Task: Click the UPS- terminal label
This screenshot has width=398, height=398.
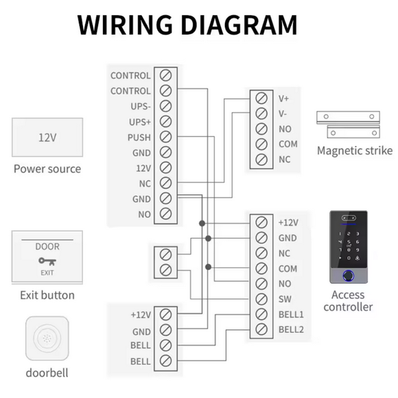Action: point(139,107)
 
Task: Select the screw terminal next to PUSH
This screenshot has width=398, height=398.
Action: point(166,137)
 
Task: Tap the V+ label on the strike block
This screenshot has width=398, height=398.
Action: point(284,98)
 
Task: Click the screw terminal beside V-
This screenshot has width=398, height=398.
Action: point(262,113)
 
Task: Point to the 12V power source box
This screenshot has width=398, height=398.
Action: point(47,138)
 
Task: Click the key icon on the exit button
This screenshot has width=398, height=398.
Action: point(46,261)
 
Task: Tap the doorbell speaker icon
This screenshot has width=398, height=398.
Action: point(47,338)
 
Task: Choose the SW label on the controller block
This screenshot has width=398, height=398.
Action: point(285,299)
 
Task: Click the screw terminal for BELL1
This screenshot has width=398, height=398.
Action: point(261,314)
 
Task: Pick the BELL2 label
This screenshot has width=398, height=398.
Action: point(291,330)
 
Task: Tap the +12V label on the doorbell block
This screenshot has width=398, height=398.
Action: point(141,314)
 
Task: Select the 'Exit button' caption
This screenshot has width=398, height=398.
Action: point(47,295)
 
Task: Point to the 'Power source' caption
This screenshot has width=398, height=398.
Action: point(47,168)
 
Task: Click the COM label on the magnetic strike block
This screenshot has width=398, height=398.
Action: point(288,144)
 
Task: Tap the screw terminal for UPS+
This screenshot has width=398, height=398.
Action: point(166,122)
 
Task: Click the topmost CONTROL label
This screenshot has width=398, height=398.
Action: point(130,76)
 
